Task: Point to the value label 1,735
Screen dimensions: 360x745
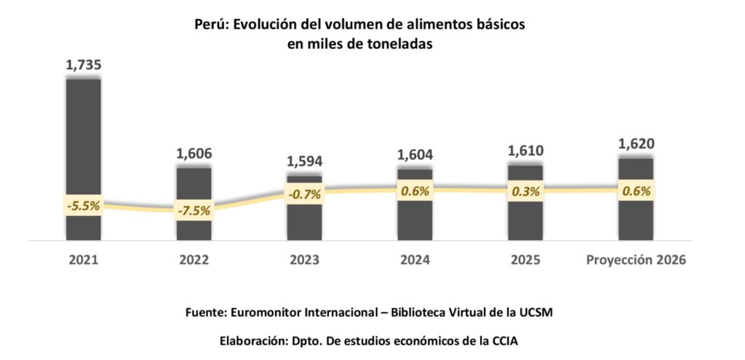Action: point(83,65)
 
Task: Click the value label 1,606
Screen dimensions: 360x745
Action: point(194,154)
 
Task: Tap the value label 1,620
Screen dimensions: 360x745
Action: point(636,144)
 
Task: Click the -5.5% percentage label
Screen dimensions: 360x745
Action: point(83,205)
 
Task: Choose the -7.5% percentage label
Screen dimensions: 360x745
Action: point(194,212)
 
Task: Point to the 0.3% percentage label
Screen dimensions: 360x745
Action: point(525,192)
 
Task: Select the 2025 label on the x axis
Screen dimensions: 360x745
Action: point(525,260)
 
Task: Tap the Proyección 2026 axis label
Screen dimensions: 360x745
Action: point(636,260)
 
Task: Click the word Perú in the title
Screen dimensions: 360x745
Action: point(211,24)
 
